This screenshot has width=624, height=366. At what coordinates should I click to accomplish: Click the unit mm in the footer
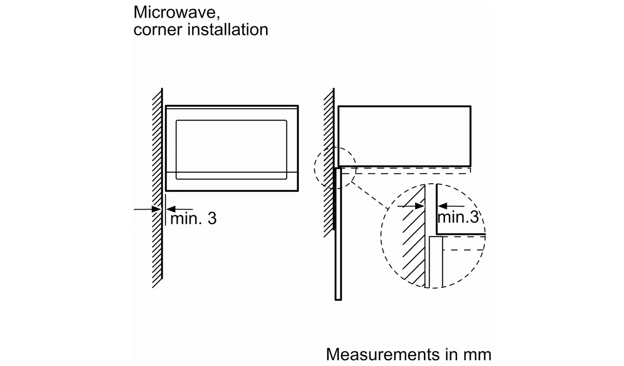tap(478, 355)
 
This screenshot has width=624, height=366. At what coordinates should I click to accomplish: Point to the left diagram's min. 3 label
tap(193, 218)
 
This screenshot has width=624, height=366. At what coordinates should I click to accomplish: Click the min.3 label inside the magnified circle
tap(458, 217)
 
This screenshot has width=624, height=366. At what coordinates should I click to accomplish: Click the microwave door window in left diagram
tap(231, 150)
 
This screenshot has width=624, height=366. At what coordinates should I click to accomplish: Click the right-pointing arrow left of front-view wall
tap(148, 209)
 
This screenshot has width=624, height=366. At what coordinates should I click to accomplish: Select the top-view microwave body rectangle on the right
tap(404, 136)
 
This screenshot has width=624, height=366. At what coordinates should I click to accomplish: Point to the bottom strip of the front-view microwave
tap(231, 182)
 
